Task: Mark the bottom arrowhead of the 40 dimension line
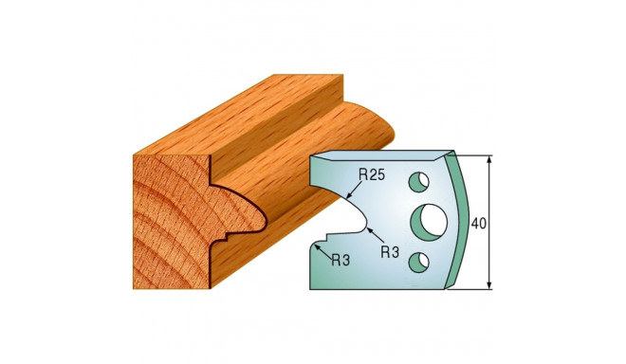[x=490, y=285]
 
